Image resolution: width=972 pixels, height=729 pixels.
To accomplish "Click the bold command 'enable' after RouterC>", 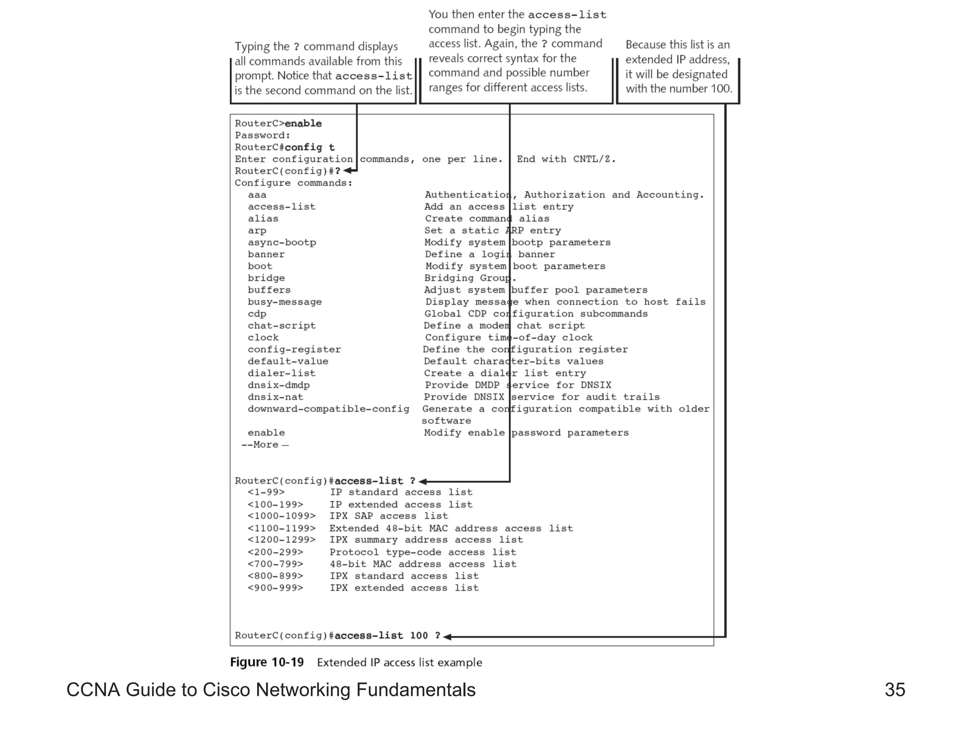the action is point(303,123).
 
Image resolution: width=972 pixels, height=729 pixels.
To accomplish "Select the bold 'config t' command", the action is point(309,147).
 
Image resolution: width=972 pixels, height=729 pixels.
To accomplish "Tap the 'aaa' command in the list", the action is point(257,195).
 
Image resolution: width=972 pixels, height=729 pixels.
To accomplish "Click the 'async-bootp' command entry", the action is point(281,242).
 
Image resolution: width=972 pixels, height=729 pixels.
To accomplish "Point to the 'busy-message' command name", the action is point(284,302).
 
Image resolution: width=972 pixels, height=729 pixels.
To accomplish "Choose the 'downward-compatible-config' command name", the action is point(328,409).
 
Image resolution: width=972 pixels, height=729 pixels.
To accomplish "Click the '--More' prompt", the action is point(264,445).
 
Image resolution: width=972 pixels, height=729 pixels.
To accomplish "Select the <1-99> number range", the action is point(266,492).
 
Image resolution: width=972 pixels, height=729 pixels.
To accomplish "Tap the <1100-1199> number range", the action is point(281,528).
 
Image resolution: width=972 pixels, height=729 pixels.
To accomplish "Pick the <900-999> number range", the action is point(275,588).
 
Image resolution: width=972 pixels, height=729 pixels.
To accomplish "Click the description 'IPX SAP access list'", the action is point(389,516).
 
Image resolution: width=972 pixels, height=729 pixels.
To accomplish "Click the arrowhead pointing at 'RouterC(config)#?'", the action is point(348,171).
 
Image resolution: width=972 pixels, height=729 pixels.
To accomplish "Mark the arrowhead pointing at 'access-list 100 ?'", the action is point(447,637).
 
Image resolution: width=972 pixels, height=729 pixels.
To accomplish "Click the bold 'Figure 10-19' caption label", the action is point(267,662).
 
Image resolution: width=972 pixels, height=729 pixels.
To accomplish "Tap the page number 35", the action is point(895,690).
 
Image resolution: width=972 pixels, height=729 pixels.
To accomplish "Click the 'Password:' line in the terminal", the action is point(262,135).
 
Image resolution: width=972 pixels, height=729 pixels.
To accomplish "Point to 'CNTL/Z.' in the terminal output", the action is point(594,159).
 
